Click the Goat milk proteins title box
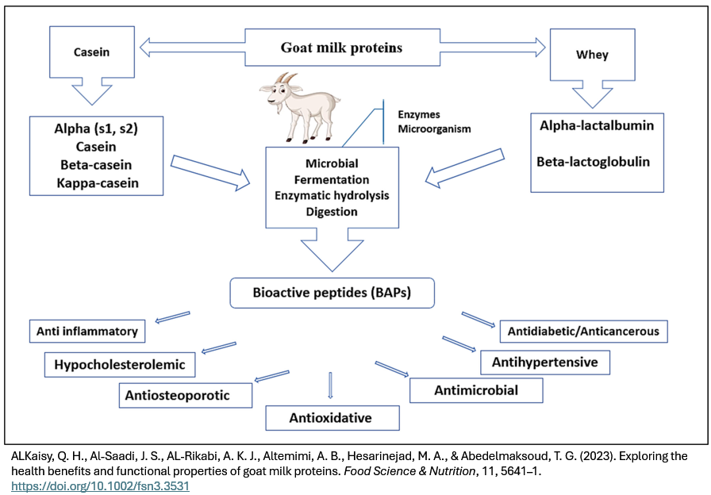341,48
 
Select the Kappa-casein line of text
98,184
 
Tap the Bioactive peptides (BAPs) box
332,294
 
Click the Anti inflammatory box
87,331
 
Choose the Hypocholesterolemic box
120,365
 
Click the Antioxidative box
330,417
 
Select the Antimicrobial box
476,390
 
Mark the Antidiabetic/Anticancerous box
584,331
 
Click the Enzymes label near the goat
418,115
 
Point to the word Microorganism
434,129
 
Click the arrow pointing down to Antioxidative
330,385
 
